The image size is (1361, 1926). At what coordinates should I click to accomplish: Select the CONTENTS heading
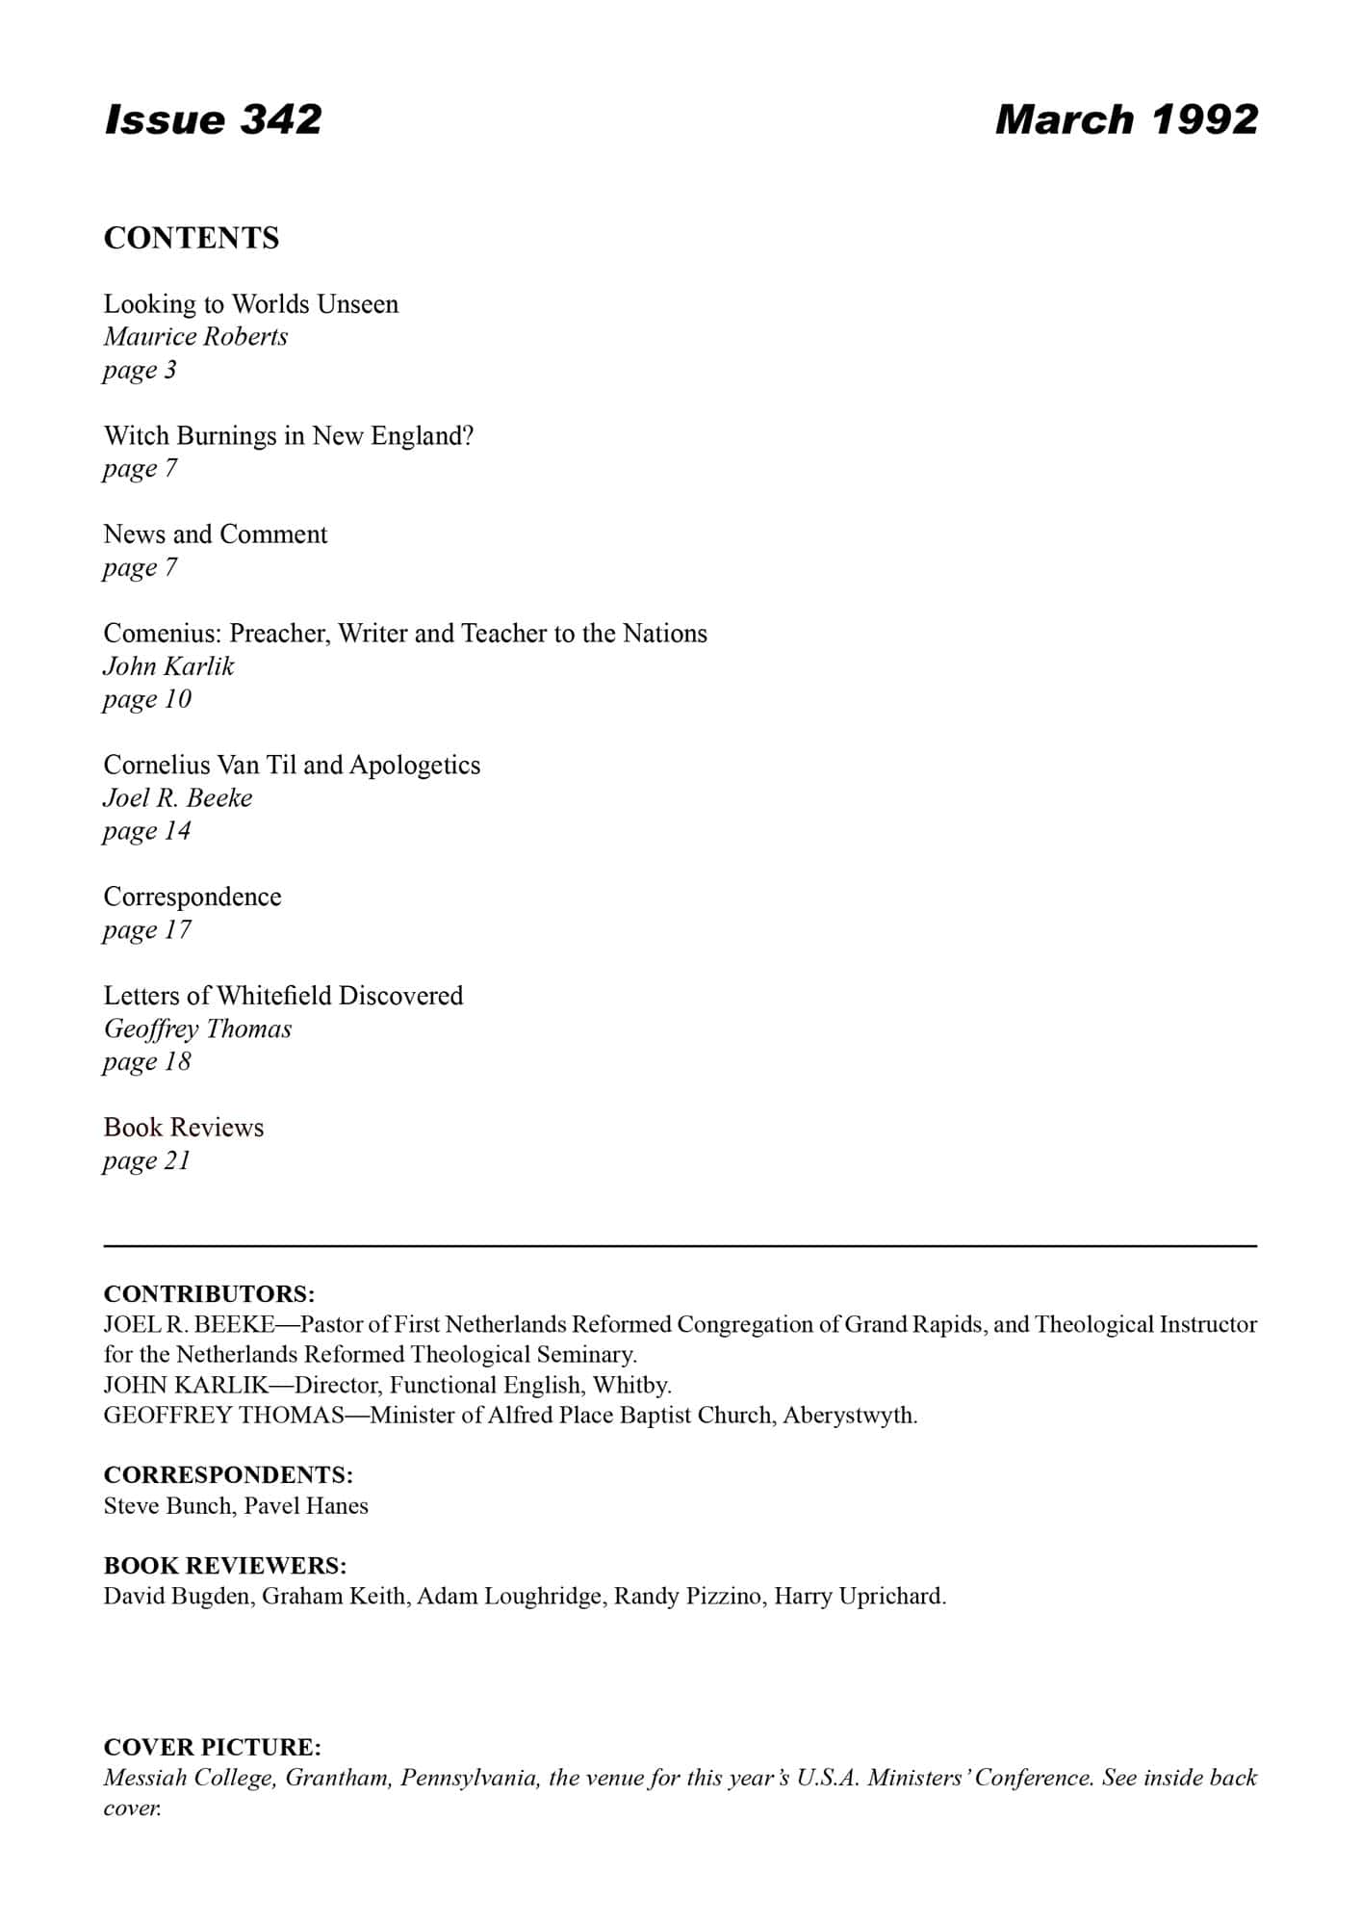pyautogui.click(x=192, y=238)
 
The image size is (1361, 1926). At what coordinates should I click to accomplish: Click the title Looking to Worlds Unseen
pyautogui.click(x=251, y=304)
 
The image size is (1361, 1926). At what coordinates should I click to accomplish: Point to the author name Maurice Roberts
pyautogui.click(x=195, y=337)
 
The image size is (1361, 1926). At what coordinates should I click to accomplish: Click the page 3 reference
pyautogui.click(x=141, y=370)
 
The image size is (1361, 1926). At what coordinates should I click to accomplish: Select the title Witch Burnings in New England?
pyautogui.click(x=289, y=436)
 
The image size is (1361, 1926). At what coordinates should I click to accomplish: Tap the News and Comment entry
pyautogui.click(x=216, y=534)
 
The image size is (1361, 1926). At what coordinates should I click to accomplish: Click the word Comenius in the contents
pyautogui.click(x=163, y=634)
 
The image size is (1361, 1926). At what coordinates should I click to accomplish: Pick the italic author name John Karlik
pyautogui.click(x=168, y=666)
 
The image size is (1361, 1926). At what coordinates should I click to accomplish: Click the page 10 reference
pyautogui.click(x=147, y=699)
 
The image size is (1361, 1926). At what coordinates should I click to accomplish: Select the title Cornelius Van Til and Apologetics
pyautogui.click(x=292, y=766)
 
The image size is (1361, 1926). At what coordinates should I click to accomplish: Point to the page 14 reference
pyautogui.click(x=147, y=831)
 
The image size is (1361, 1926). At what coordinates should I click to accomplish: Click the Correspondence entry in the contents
pyautogui.click(x=193, y=898)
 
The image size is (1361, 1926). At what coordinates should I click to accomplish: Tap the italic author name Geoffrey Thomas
pyautogui.click(x=197, y=1029)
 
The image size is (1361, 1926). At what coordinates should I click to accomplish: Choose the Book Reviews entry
pyautogui.click(x=184, y=1128)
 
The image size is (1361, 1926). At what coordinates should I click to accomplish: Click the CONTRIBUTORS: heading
pyautogui.click(x=209, y=1293)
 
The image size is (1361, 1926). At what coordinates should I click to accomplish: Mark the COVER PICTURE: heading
pyautogui.click(x=213, y=1748)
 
